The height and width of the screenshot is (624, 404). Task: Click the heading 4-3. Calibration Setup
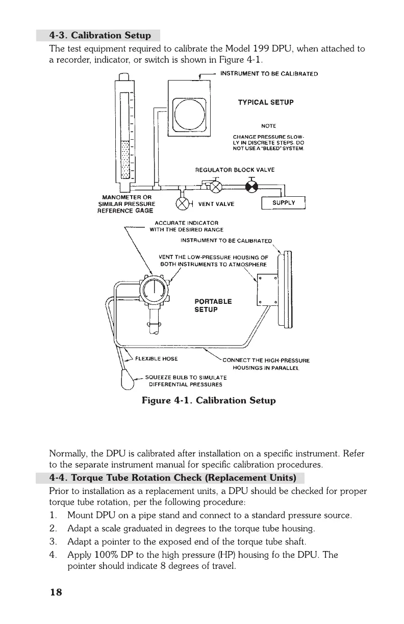(x=100, y=36)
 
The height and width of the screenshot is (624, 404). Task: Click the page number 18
(x=55, y=592)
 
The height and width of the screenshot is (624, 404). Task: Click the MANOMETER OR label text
(x=125, y=197)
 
